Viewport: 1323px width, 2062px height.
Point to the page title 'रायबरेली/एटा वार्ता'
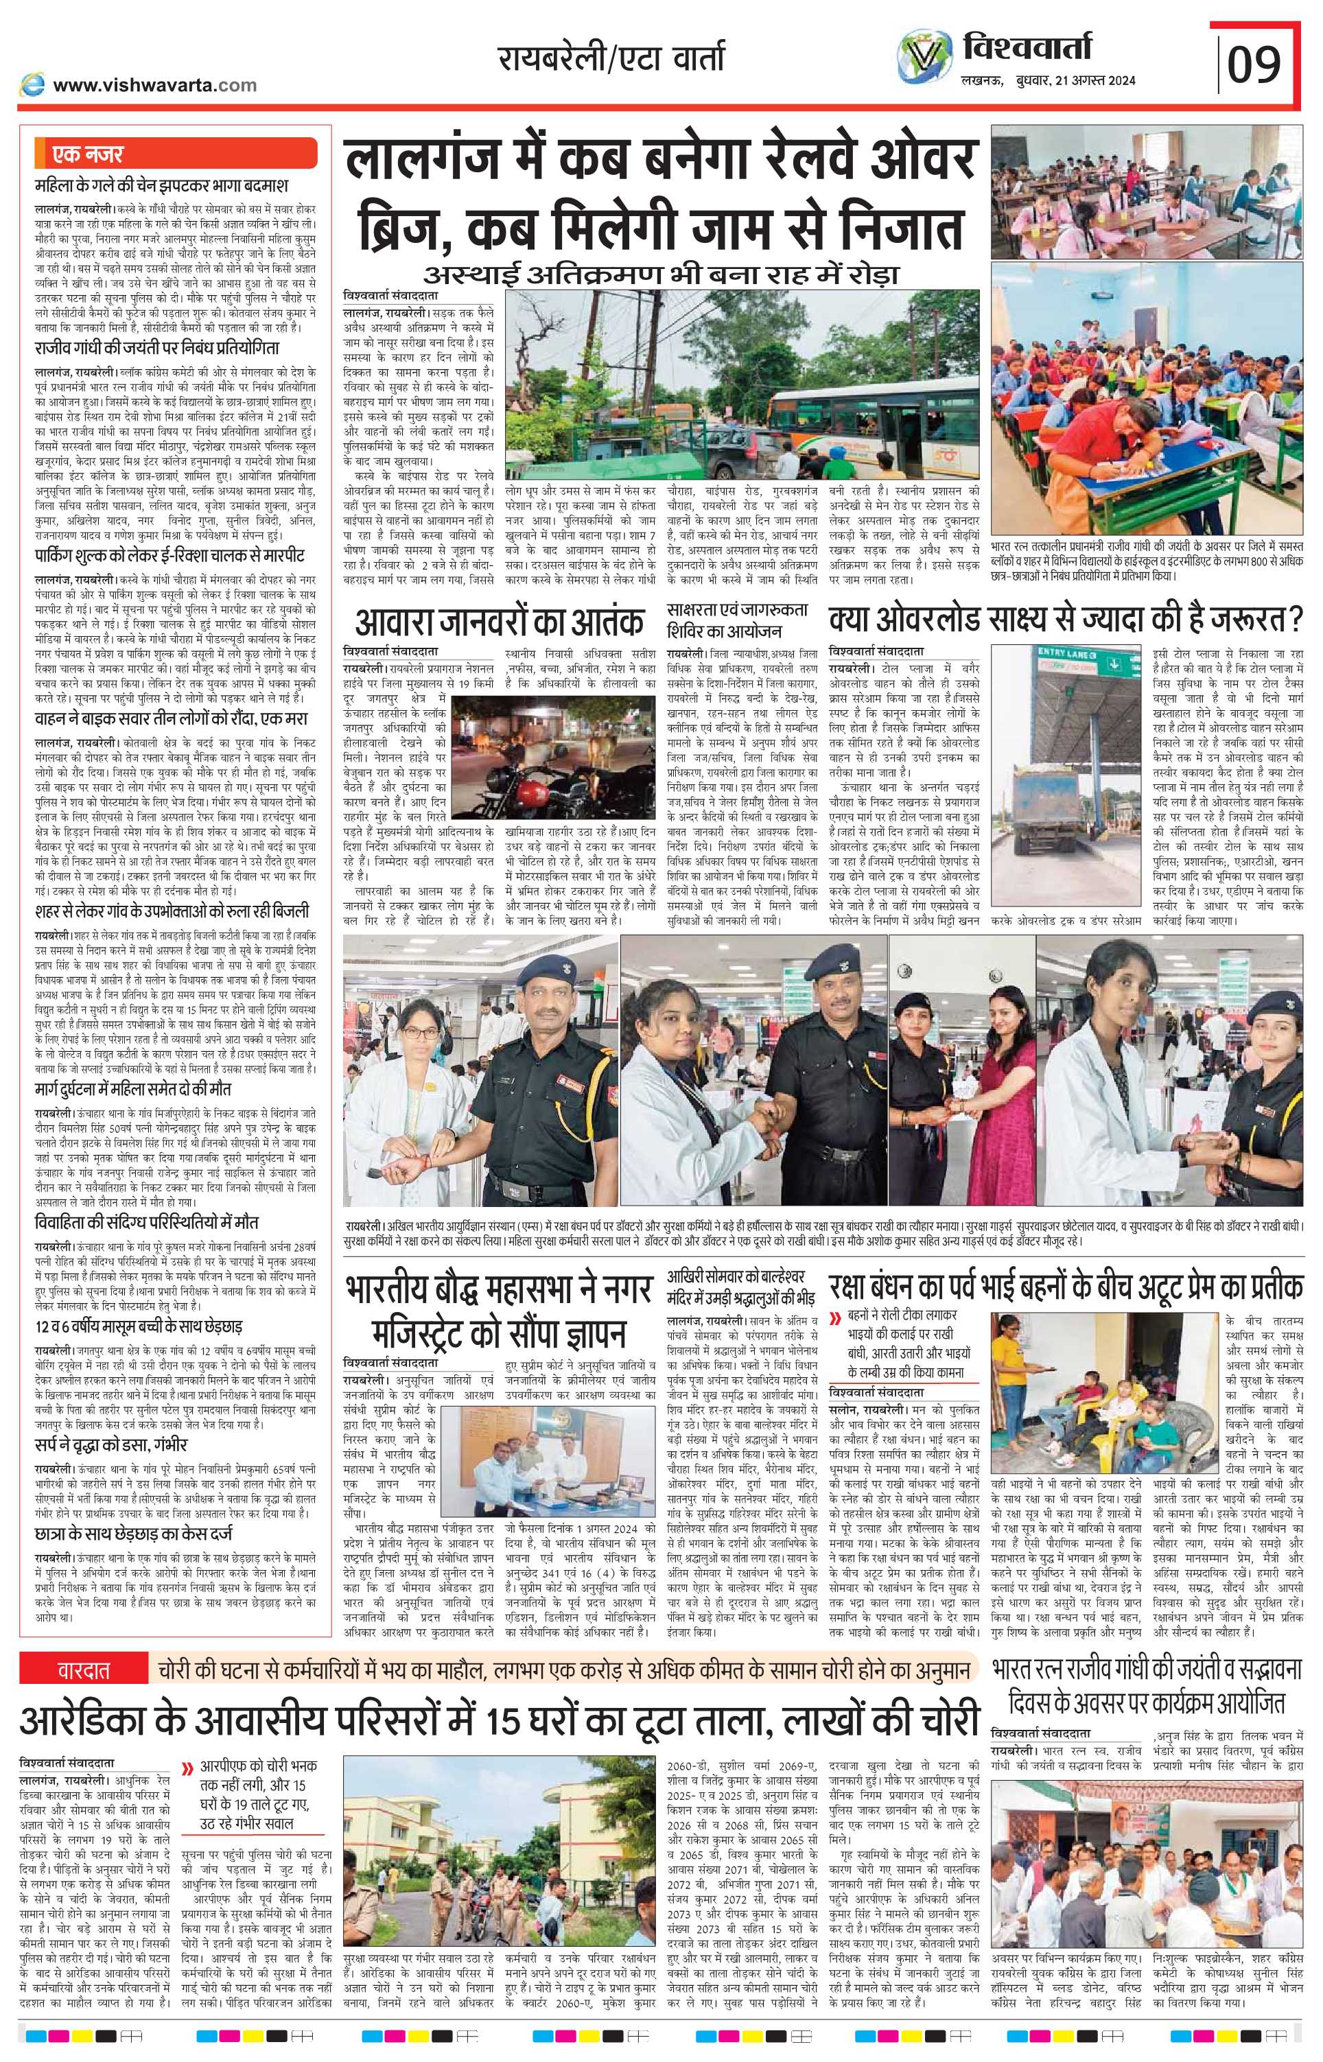tap(611, 59)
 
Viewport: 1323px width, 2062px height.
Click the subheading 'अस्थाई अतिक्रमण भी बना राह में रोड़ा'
tap(659, 274)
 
